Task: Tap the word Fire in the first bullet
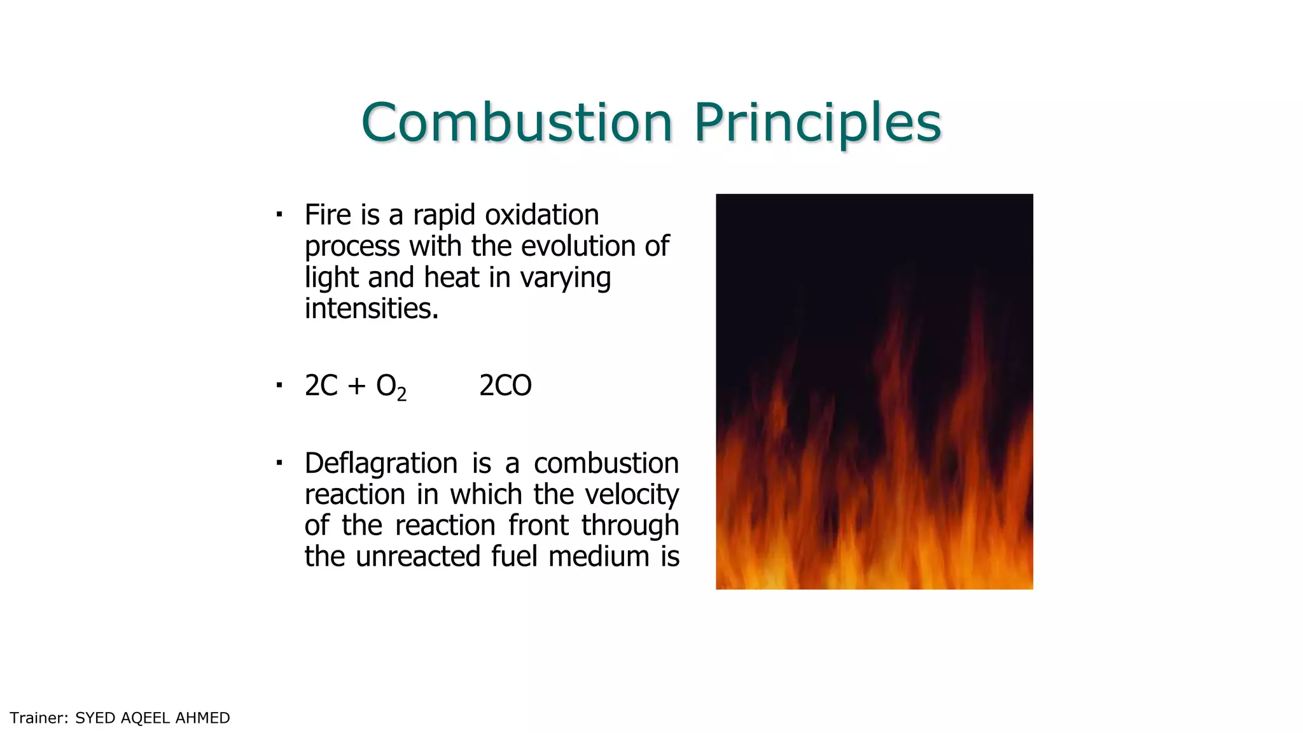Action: (328, 215)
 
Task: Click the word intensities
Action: (371, 309)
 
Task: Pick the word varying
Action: (565, 278)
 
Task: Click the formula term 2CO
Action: (505, 386)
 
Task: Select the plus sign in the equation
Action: (357, 386)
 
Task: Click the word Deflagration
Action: (380, 463)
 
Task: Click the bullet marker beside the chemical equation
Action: (279, 384)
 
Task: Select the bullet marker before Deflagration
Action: (279, 462)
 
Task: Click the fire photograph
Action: (874, 391)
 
